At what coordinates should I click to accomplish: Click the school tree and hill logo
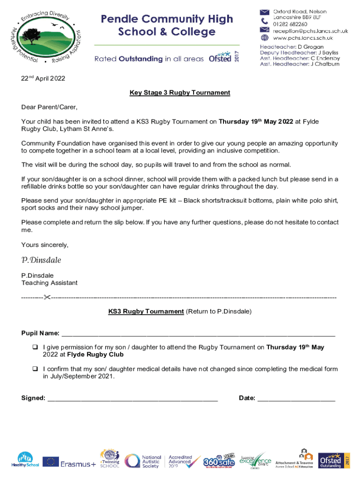[46, 36]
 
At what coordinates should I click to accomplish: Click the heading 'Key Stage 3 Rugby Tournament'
[180, 93]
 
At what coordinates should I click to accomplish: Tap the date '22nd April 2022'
[43, 78]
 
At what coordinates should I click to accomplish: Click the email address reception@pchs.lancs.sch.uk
[310, 31]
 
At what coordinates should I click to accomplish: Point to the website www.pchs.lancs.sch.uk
[302, 38]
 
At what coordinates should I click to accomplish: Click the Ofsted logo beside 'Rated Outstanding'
[223, 58]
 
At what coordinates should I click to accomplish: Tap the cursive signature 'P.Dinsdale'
[41, 260]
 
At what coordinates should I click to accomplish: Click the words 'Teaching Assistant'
[50, 283]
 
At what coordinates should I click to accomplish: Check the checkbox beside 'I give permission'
[35, 348]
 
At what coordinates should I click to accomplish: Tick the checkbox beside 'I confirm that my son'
[35, 369]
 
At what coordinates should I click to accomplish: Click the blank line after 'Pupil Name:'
[198, 334]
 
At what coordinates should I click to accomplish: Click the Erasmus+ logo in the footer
[69, 462]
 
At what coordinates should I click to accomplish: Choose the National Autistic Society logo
[143, 461]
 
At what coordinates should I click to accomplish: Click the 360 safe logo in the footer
[218, 461]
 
